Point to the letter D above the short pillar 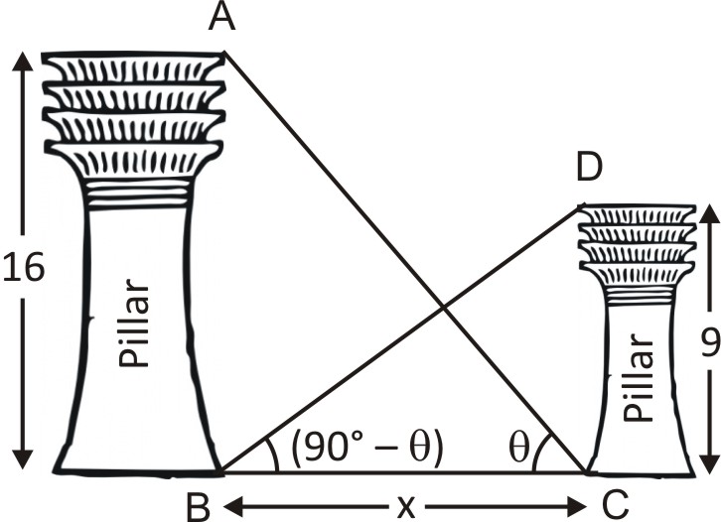589,168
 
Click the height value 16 23,269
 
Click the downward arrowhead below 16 23,460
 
